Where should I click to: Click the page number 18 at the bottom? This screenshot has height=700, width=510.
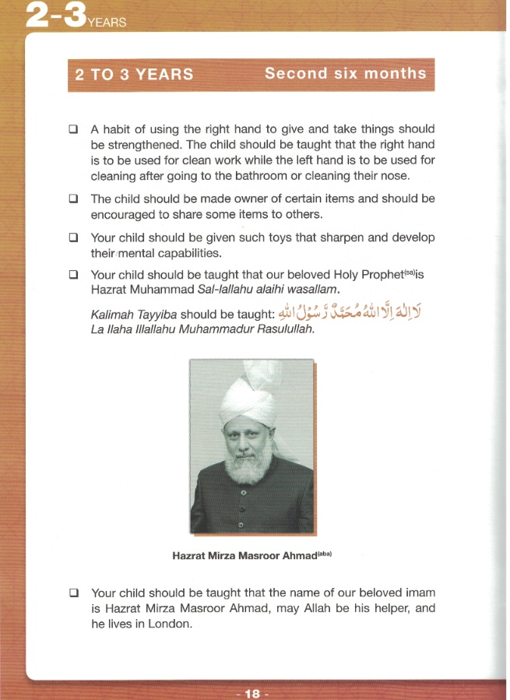click(251, 692)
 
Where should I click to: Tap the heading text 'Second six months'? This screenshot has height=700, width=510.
click(345, 74)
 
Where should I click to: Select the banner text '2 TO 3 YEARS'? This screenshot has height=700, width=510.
click(134, 76)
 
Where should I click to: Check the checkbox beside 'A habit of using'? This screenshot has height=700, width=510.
click(73, 129)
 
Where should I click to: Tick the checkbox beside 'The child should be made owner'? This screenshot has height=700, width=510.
click(73, 199)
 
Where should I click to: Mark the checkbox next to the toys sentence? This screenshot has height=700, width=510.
click(73, 237)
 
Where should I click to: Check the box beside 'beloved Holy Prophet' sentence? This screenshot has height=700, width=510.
click(73, 275)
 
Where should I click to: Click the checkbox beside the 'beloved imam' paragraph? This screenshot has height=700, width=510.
click(73, 593)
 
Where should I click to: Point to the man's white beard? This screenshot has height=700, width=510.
click(249, 465)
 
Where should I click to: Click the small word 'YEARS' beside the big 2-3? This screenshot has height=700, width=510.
click(107, 23)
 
